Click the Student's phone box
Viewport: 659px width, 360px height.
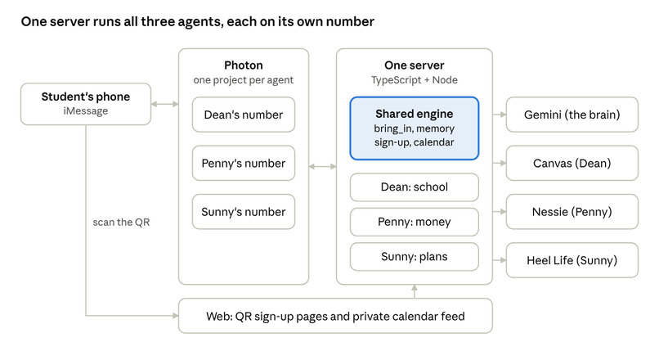tap(86, 104)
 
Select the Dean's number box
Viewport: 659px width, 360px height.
tap(244, 115)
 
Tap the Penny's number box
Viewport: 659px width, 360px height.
tap(244, 163)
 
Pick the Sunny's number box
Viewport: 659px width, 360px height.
tap(244, 212)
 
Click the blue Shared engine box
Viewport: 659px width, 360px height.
tap(415, 128)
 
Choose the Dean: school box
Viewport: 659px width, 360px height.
tap(415, 187)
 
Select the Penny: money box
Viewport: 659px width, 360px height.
tap(415, 222)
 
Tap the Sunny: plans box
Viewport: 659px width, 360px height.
tap(415, 257)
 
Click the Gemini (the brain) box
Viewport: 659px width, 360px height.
tap(572, 115)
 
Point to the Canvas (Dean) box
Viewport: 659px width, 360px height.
tap(572, 163)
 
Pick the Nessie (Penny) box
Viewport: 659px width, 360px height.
tap(572, 212)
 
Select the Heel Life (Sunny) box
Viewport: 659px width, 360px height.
tap(572, 260)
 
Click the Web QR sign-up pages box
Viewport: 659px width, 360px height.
tap(335, 316)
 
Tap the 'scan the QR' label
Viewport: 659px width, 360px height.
tap(121, 222)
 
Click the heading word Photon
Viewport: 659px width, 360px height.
tap(244, 65)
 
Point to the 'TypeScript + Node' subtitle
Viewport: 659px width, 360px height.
tap(415, 80)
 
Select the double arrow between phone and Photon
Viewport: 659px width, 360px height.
tap(165, 104)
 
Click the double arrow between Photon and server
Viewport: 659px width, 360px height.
tap(323, 167)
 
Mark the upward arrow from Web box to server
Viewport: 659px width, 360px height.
tap(415, 291)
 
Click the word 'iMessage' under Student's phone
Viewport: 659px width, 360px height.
tap(86, 111)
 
